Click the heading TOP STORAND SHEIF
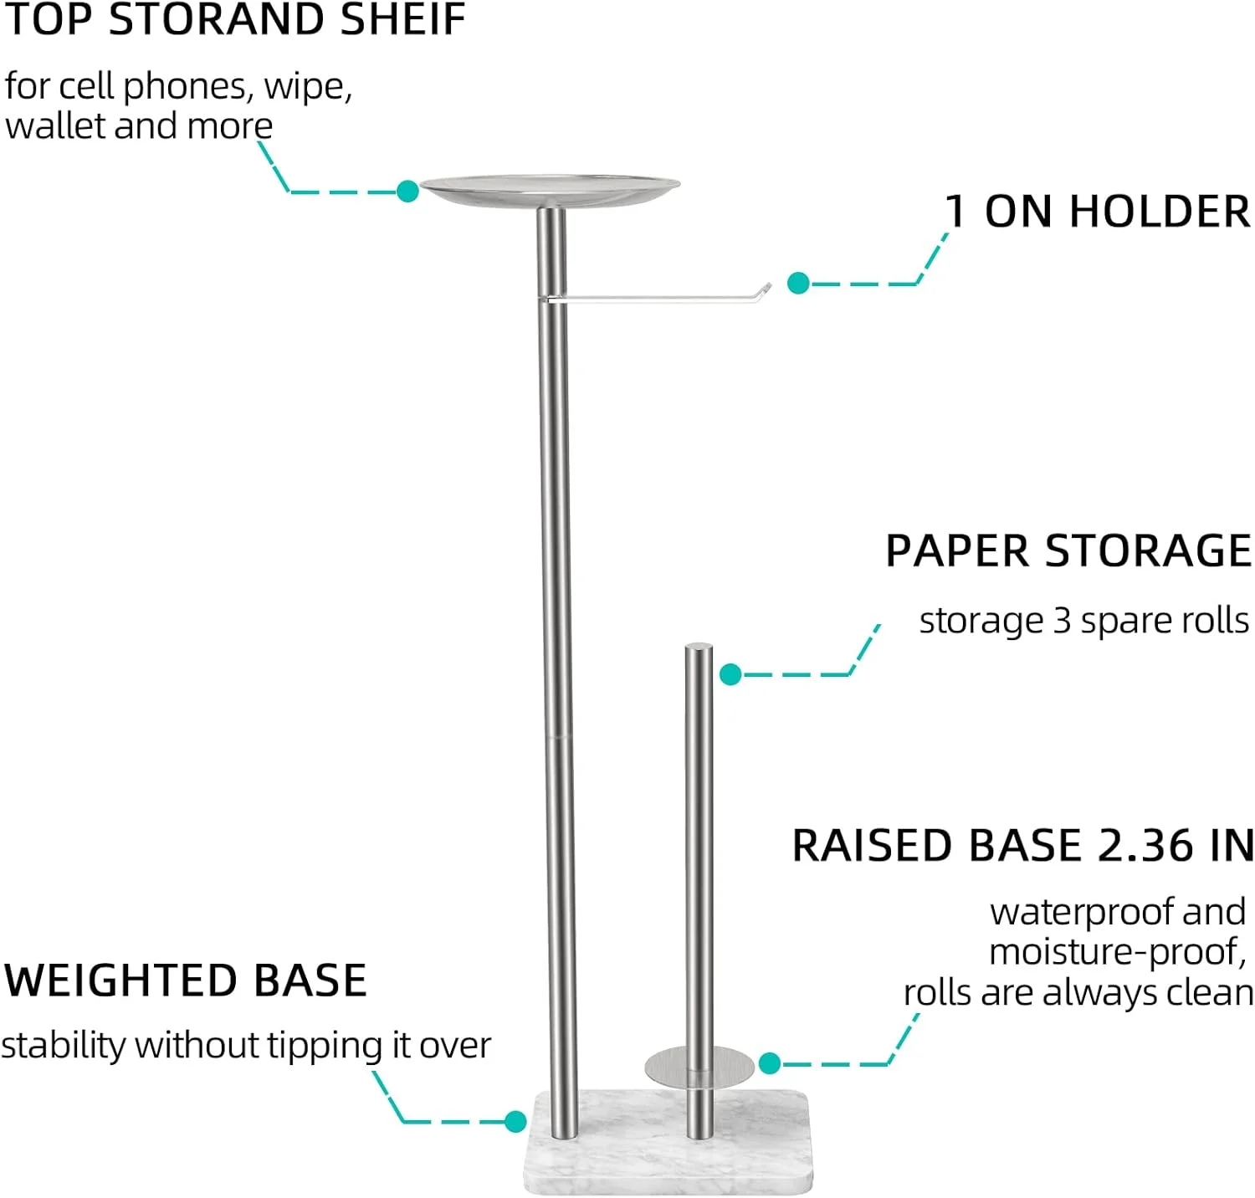235,20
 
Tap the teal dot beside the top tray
407,192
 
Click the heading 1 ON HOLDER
1098,212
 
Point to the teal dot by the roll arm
798,284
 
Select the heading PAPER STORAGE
1068,551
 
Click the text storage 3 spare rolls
1083,621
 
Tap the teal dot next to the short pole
730,674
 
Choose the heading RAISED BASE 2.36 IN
1022,846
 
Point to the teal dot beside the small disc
770,1063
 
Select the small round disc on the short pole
669,1067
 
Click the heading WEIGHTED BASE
186,980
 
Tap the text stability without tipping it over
246,1046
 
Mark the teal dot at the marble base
515,1122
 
